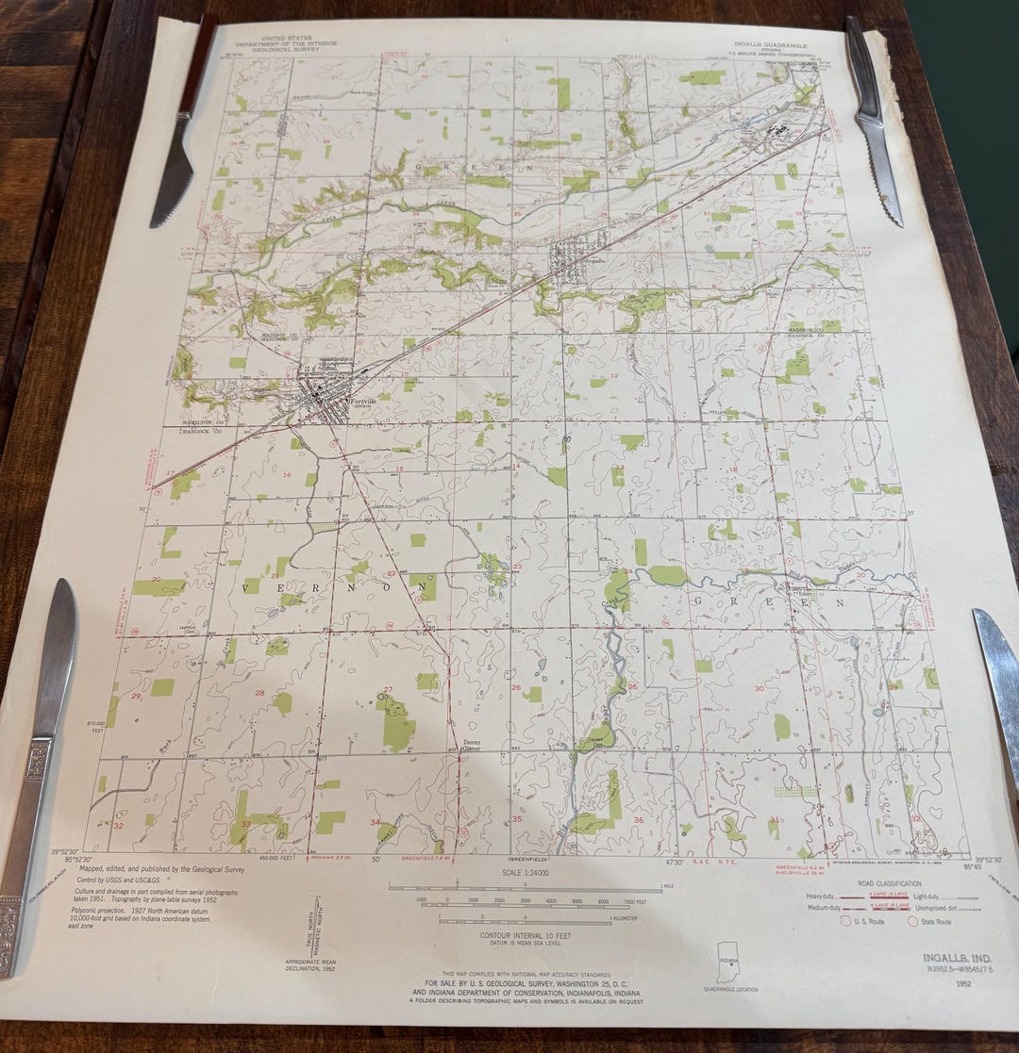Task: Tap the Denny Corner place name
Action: [473, 746]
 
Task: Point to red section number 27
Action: [388, 689]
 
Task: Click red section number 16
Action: [287, 474]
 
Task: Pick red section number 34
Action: [375, 822]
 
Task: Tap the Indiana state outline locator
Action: [727, 961]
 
